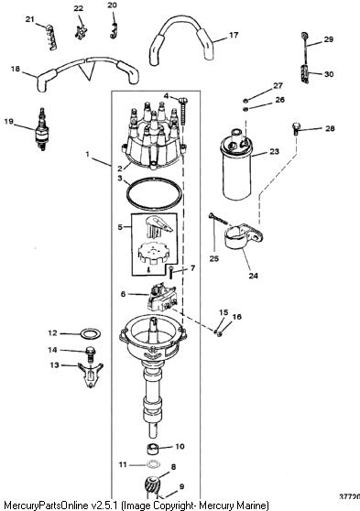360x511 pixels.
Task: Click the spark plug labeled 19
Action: click(41, 130)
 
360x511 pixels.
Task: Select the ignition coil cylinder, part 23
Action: click(236, 165)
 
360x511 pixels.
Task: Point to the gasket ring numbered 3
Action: click(154, 194)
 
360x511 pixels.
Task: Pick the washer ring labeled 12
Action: click(91, 333)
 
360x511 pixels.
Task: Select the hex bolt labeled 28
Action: click(296, 128)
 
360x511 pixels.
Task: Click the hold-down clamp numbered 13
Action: click(91, 375)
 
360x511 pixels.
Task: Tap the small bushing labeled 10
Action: click(152, 449)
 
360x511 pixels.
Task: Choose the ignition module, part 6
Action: click(162, 298)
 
